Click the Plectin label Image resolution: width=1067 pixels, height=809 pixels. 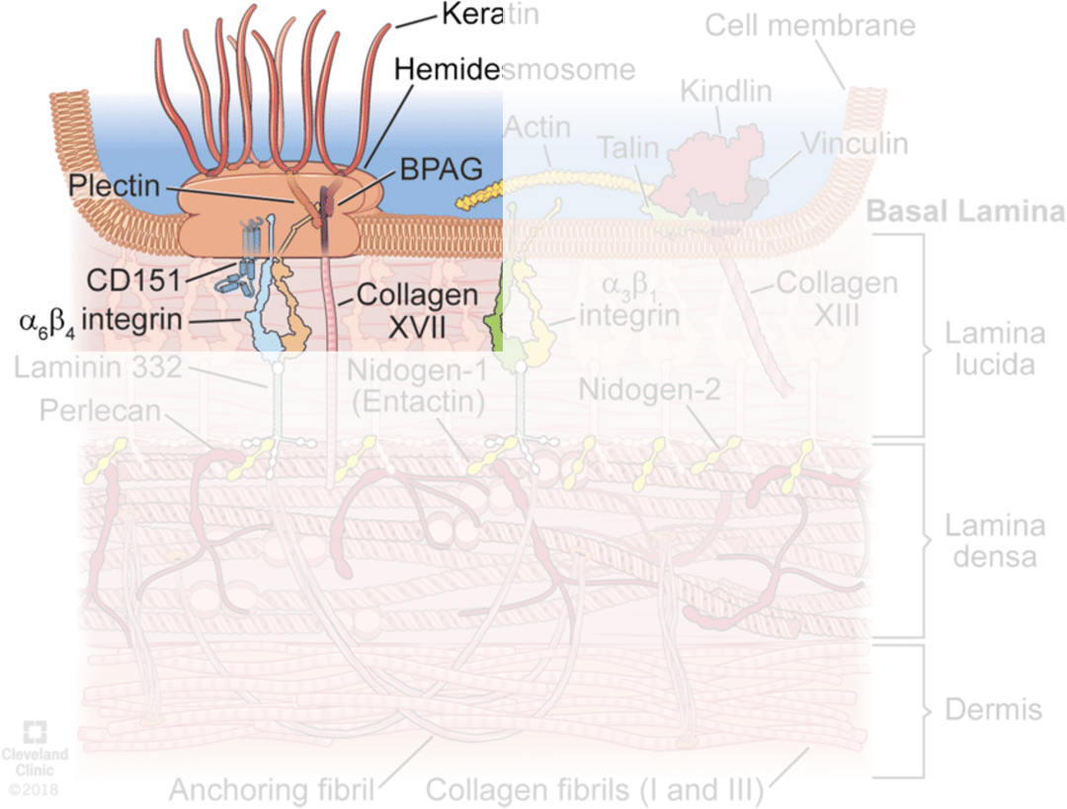114,186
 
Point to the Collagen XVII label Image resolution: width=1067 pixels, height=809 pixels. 417,309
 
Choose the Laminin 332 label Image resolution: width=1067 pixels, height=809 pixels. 98,368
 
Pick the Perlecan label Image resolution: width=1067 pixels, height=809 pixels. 100,410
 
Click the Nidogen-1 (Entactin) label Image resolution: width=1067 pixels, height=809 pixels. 416,387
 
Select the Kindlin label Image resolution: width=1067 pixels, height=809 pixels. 725,92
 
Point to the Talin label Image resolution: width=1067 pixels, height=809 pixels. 627,148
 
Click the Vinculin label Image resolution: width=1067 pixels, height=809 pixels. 855,143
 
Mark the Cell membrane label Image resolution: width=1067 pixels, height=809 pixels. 810,25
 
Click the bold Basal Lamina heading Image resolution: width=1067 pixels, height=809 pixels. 965,211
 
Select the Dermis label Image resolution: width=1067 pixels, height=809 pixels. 993,709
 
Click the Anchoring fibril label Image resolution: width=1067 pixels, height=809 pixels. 272,790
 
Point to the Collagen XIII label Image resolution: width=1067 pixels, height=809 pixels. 837,298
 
